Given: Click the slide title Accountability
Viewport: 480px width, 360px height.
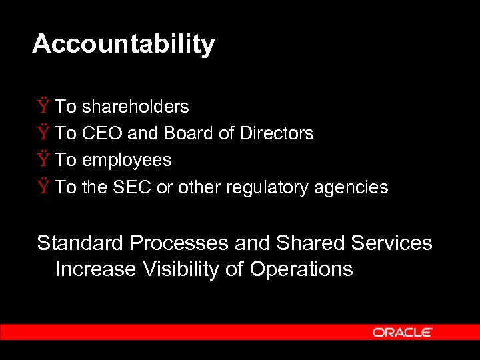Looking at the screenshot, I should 123,44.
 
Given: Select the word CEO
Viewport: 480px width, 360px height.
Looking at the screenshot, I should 102,133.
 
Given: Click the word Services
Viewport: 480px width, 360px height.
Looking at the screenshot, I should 394,243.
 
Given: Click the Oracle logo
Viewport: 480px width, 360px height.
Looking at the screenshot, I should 403,332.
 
